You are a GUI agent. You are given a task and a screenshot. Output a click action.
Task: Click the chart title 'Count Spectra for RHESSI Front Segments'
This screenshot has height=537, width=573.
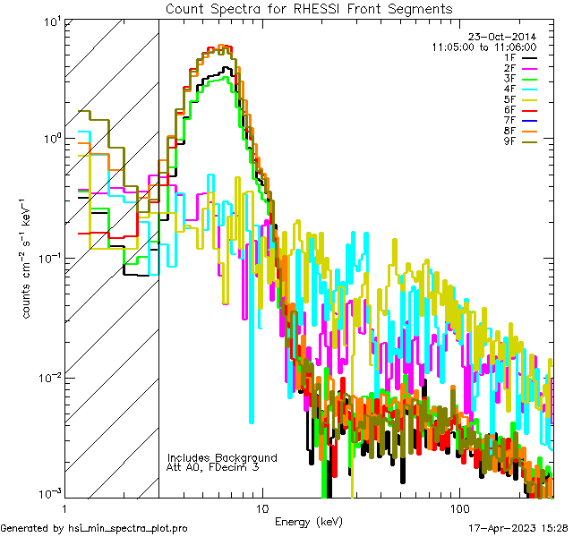tap(309, 9)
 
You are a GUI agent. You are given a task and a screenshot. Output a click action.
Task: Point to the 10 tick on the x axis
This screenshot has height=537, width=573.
tap(261, 507)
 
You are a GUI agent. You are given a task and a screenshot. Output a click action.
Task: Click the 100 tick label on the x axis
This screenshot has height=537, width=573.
tap(458, 507)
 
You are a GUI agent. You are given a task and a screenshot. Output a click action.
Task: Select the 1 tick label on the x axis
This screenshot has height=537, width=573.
tap(66, 507)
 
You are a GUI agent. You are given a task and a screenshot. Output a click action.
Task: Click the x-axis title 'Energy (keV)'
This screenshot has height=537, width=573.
tap(309, 521)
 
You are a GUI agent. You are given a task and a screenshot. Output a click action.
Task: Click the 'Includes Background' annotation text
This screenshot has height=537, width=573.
tap(222, 457)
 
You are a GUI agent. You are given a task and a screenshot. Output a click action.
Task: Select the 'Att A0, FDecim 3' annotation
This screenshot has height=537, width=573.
tap(213, 467)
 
